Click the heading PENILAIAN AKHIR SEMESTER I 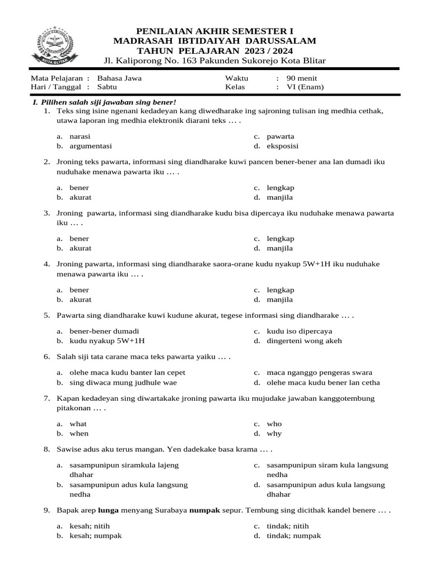[x=215, y=31]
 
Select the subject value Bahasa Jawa [x=119, y=78]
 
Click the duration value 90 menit [x=301, y=78]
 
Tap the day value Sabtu [x=107, y=87]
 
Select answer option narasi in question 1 [x=80, y=136]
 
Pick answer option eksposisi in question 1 [x=282, y=146]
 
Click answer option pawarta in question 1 [x=280, y=136]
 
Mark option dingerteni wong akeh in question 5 [x=303, y=341]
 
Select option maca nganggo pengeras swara [x=319, y=373]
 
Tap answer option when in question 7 [x=79, y=434]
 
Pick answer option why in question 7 [x=274, y=434]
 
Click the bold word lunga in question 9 [x=109, y=511]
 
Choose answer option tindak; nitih [x=287, y=526]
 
